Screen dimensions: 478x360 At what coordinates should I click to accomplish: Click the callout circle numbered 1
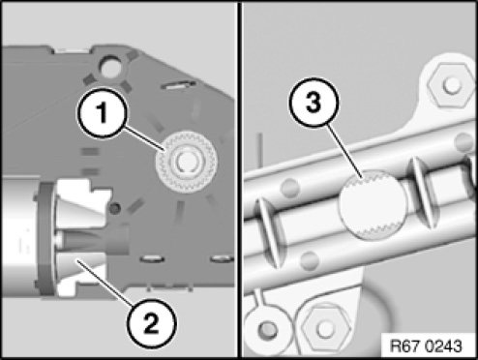102,113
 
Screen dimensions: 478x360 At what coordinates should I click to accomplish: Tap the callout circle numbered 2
151,323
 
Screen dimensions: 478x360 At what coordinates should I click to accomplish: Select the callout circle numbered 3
314,103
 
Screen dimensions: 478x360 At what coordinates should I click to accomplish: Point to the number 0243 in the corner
443,346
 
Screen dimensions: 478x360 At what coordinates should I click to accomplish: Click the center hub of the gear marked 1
186,161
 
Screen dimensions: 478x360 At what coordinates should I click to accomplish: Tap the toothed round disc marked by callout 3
373,204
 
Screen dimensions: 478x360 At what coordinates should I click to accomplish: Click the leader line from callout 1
144,139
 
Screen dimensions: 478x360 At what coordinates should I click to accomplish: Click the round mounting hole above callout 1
110,66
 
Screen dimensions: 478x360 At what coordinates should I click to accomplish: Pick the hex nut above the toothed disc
449,84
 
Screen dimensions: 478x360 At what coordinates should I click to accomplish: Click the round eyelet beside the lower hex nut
267,327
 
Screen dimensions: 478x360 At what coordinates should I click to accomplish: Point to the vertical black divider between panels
239,180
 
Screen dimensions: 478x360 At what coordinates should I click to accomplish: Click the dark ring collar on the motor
46,239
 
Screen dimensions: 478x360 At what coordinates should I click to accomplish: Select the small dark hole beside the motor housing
114,208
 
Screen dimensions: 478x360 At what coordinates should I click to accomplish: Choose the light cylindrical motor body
18,235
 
